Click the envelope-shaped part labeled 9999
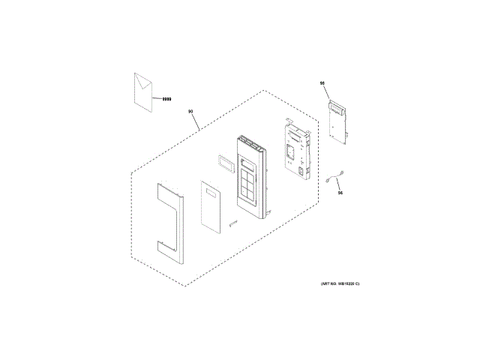click(x=142, y=91)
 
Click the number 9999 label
click(x=166, y=98)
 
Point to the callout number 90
click(x=190, y=112)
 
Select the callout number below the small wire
click(x=340, y=193)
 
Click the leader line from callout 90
click(x=196, y=121)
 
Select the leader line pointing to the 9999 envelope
click(x=155, y=97)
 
